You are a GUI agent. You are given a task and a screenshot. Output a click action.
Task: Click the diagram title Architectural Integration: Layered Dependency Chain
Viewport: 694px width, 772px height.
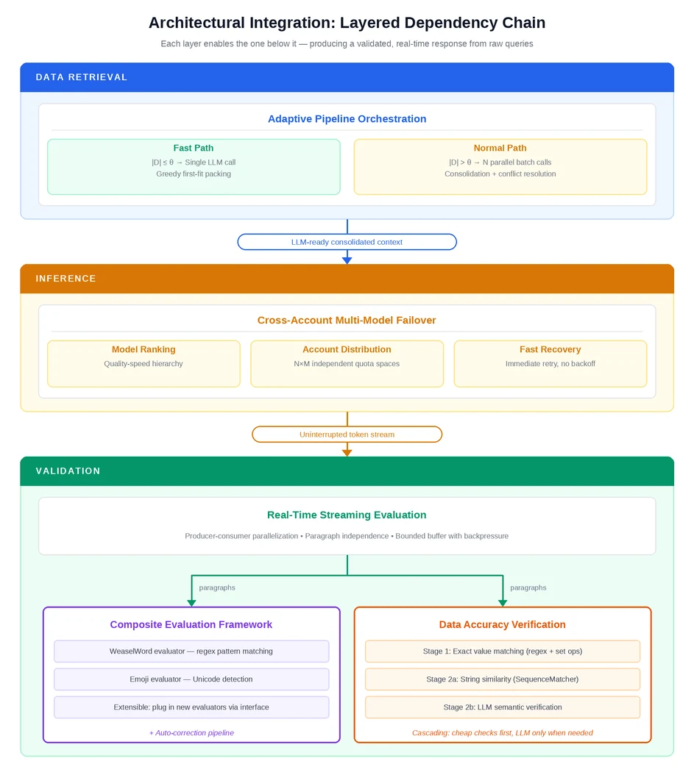click(x=347, y=23)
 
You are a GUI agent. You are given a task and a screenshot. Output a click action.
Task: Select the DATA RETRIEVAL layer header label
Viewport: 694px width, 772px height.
click(x=82, y=77)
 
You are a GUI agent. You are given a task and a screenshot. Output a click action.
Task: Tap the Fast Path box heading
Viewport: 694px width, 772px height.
click(x=194, y=148)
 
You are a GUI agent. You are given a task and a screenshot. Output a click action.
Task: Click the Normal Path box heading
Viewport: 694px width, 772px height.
click(x=500, y=148)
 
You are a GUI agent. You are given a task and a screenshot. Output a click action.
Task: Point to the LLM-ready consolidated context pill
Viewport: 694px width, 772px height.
click(x=347, y=242)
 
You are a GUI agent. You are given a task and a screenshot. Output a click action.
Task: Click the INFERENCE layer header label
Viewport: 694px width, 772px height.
click(x=65, y=279)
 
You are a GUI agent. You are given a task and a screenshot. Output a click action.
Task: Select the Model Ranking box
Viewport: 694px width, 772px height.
click(x=144, y=364)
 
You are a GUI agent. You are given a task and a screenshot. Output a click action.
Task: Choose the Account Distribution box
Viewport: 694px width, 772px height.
click(x=347, y=364)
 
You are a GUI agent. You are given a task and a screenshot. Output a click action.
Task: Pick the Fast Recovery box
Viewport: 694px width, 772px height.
click(x=550, y=364)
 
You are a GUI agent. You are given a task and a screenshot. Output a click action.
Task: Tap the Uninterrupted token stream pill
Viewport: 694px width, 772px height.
click(x=347, y=435)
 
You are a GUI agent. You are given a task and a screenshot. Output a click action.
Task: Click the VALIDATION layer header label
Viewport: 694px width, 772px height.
click(x=68, y=471)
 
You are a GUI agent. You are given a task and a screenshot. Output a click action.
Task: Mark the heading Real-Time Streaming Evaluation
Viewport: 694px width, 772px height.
click(x=347, y=515)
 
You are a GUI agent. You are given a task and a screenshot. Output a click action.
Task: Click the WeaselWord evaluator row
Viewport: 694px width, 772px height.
click(x=191, y=651)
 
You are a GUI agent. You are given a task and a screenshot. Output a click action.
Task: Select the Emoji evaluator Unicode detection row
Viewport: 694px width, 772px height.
click(x=191, y=679)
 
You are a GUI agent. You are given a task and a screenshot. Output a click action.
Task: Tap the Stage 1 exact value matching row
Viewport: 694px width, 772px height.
click(x=502, y=651)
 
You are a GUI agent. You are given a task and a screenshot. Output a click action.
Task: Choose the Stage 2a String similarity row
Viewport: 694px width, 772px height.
click(x=502, y=679)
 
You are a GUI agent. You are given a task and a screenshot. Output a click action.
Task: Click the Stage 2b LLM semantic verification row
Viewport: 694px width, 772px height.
click(x=502, y=707)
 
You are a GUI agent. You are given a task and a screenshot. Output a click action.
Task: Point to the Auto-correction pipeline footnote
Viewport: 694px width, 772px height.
click(x=191, y=732)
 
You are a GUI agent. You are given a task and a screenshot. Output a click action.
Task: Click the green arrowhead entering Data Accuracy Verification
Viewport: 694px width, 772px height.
click(x=503, y=603)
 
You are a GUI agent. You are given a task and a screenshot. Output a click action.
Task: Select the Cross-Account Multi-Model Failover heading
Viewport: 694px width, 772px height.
click(x=347, y=321)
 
